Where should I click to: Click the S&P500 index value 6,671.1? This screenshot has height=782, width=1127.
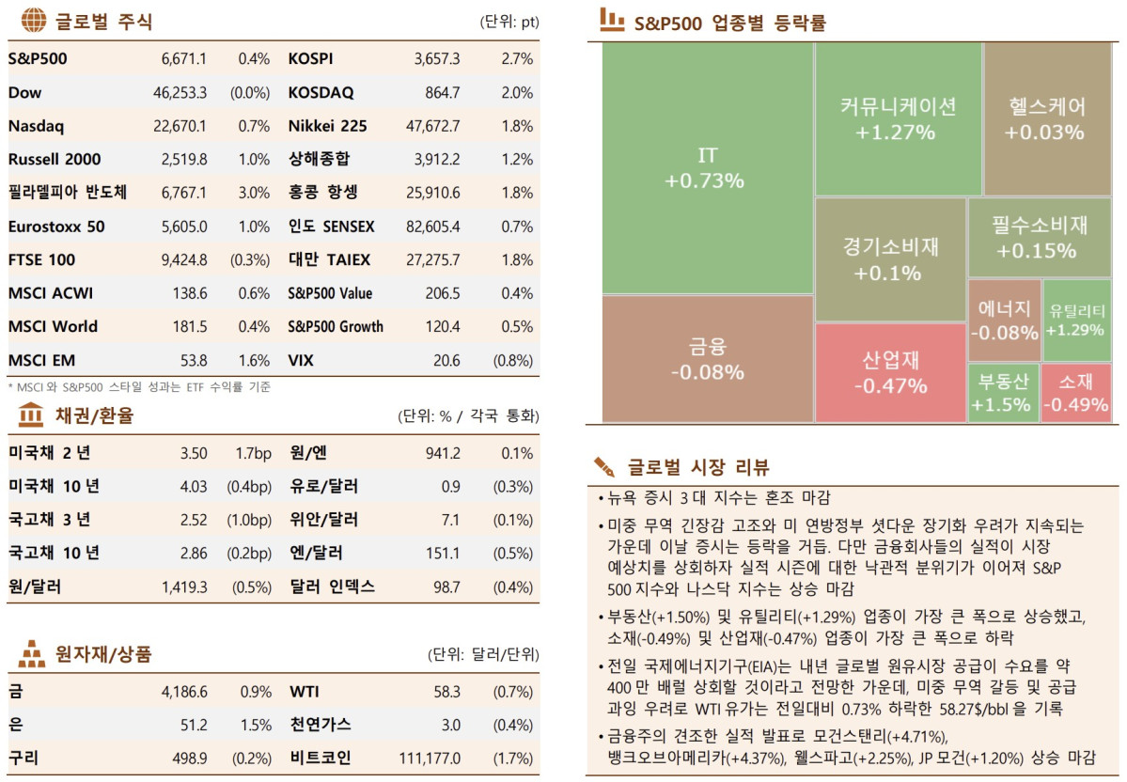point(184,59)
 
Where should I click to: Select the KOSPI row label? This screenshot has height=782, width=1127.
point(310,59)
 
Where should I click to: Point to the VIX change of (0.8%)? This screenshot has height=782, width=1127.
point(513,361)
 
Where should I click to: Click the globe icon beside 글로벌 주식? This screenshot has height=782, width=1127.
point(33,21)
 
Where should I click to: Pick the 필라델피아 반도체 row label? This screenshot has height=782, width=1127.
point(67,193)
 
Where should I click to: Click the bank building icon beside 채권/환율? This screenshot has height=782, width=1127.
point(31,414)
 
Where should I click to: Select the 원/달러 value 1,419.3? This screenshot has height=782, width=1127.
point(184,586)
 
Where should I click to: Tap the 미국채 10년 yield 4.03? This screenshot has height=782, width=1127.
point(194,487)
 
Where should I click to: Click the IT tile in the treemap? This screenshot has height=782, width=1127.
point(706,167)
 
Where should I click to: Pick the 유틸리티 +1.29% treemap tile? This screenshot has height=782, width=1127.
point(1077,321)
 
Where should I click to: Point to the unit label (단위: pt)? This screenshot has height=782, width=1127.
point(509,22)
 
